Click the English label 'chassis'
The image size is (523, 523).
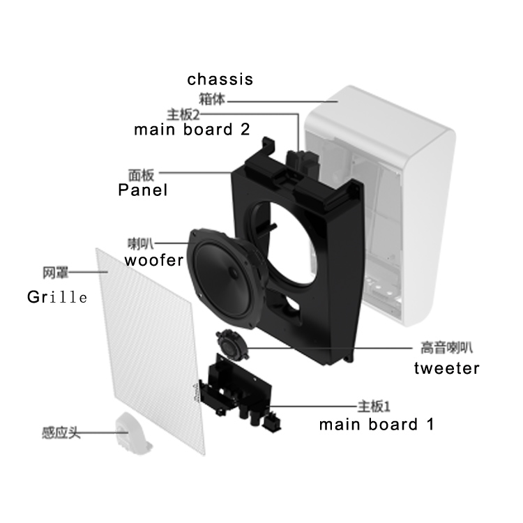(220, 79)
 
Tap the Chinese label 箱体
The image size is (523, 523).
(212, 99)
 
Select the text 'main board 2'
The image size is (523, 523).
(192, 130)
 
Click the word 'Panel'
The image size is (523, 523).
(143, 190)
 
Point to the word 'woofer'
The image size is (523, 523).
(154, 260)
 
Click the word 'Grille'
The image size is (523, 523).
(57, 297)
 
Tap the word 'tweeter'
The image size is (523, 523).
(446, 368)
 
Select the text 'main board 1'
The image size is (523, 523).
(377, 425)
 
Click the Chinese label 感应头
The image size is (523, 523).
(61, 433)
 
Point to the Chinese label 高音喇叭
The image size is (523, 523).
(446, 347)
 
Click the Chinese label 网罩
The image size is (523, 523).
(55, 273)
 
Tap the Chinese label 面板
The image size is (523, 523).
(142, 175)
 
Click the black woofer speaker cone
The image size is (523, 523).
(223, 278)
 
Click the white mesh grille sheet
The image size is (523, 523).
(150, 350)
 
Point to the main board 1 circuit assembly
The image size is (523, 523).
(240, 393)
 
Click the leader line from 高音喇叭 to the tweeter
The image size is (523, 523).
(331, 348)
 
